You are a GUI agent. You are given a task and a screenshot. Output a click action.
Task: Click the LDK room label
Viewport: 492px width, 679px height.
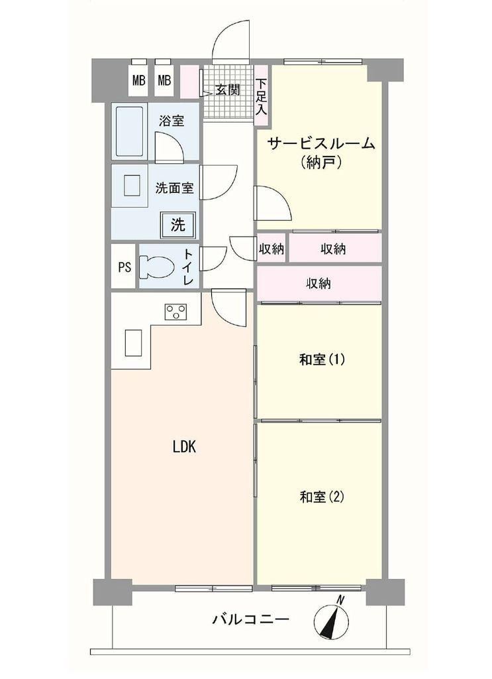[x=185, y=447]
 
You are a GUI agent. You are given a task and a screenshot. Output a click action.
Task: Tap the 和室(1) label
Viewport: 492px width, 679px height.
[x=322, y=359]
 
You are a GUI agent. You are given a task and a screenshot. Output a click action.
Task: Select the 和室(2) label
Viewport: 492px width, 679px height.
[x=322, y=497]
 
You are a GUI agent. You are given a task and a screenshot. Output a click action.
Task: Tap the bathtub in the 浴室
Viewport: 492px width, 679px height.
[x=129, y=131]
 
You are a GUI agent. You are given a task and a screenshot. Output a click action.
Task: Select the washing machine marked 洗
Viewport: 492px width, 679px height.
[x=178, y=225]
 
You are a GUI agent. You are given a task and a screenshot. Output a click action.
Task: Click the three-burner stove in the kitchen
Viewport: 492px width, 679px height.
[x=176, y=312]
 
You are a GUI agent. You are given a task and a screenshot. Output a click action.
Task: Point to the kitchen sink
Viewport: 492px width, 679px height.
[x=133, y=343]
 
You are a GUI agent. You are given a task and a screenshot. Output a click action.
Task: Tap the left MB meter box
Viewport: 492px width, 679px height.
[x=139, y=80]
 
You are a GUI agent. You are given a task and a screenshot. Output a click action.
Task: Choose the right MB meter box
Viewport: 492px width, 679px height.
[x=164, y=80]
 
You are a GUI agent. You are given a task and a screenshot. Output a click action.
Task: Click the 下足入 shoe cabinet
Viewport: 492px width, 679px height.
[x=261, y=96]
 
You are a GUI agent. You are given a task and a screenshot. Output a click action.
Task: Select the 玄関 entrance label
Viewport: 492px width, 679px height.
[x=227, y=90]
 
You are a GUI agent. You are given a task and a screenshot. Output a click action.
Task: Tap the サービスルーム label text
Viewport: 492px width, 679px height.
[x=320, y=143]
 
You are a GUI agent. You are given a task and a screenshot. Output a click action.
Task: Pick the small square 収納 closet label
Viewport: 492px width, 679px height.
[x=271, y=249]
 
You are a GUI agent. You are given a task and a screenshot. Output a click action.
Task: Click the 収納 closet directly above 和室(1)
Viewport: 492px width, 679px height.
[x=319, y=284]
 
